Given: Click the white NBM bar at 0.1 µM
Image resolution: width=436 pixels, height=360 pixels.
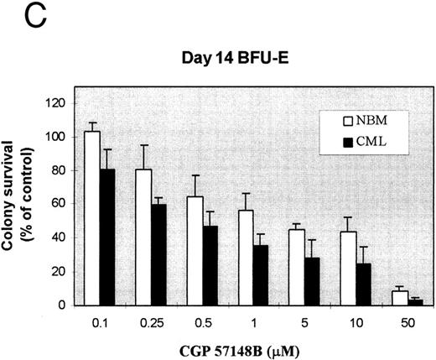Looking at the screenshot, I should click(92, 218).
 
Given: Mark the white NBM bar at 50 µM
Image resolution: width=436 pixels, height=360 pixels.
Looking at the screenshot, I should click(399, 298).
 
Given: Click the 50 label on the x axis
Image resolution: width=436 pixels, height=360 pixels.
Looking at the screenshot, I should click(406, 321).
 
